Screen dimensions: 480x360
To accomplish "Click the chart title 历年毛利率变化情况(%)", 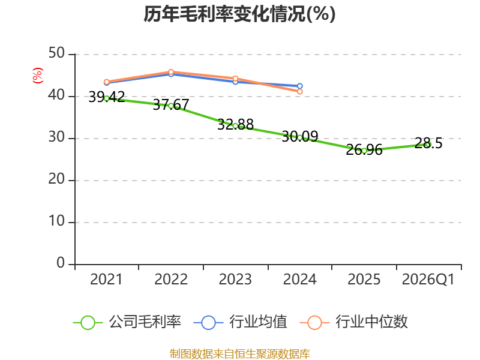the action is point(239,14).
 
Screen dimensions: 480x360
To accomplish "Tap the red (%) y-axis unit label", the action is point(38,76).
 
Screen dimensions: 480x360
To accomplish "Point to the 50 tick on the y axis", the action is point(56,53).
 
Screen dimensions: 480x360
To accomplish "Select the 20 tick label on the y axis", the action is point(56,179).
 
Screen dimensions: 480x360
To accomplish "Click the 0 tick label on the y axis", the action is point(61,263).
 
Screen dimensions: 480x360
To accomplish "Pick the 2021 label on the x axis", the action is point(106,280).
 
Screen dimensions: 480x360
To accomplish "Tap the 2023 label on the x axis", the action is point(235,280).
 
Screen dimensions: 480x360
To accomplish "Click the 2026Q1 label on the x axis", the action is point(428,280).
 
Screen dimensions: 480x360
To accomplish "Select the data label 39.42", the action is point(107,97).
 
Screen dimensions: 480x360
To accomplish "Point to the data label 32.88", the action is point(235,125).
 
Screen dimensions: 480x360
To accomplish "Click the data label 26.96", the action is point(364,150).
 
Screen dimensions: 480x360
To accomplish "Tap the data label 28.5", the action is point(428,143).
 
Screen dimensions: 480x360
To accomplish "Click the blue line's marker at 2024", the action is point(299,86).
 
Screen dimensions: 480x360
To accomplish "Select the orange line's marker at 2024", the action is point(299,91).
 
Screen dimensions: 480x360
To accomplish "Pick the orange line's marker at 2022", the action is point(171,72).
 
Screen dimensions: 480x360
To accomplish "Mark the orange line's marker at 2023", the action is point(235,79).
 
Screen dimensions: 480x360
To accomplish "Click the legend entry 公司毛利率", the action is point(127,322).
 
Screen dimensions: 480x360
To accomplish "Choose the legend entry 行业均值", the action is point(241,322).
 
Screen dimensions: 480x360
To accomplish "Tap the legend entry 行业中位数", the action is point(353,322).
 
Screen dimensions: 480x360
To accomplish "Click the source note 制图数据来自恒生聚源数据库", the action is point(240,354).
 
